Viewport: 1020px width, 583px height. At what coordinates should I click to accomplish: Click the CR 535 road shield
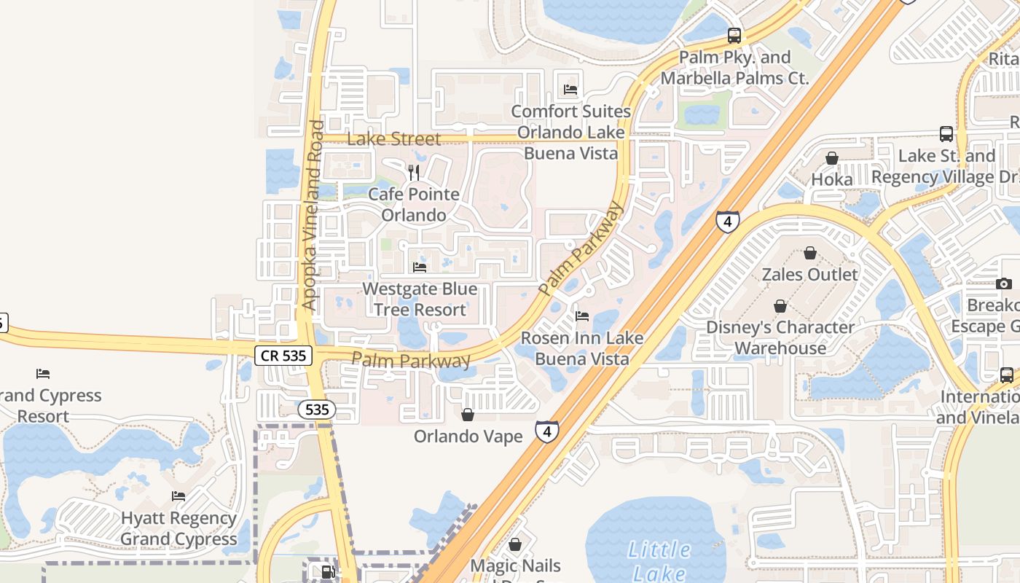pyautogui.click(x=283, y=356)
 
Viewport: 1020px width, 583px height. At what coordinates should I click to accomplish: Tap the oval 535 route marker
pyautogui.click(x=317, y=410)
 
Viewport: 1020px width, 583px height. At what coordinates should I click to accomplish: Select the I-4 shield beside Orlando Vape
pyautogui.click(x=547, y=431)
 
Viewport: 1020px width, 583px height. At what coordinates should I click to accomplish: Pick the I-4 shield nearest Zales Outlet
pyautogui.click(x=727, y=222)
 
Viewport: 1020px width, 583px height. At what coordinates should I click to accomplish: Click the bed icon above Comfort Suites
pyautogui.click(x=570, y=90)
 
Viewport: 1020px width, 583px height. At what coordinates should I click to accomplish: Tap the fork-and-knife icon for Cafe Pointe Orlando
pyautogui.click(x=414, y=173)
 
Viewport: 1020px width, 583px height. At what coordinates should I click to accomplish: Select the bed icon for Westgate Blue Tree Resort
pyautogui.click(x=420, y=267)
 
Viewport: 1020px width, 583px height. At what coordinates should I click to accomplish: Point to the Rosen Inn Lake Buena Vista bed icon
pyautogui.click(x=582, y=316)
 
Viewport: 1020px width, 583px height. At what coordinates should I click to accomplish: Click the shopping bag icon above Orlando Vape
pyautogui.click(x=468, y=415)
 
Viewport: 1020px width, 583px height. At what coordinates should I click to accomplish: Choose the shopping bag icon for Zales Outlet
pyautogui.click(x=809, y=253)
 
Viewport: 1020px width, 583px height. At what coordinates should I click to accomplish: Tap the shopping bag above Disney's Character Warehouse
pyautogui.click(x=780, y=305)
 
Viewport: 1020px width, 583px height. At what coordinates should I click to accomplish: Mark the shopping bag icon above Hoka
pyautogui.click(x=831, y=158)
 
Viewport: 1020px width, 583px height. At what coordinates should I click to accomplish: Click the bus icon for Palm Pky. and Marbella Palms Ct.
pyautogui.click(x=734, y=35)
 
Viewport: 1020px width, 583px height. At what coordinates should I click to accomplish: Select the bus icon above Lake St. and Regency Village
pyautogui.click(x=946, y=134)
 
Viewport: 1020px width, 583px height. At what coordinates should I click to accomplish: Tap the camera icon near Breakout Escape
pyautogui.click(x=1004, y=283)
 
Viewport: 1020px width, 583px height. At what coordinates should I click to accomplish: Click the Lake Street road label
pyautogui.click(x=394, y=138)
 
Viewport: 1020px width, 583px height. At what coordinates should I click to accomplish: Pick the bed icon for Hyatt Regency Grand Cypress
pyautogui.click(x=178, y=496)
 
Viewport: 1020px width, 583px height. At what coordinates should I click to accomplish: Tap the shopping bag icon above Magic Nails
pyautogui.click(x=515, y=544)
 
